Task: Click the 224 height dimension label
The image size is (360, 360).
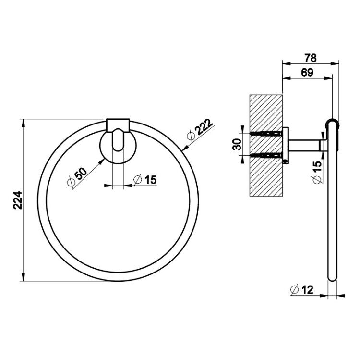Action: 17,200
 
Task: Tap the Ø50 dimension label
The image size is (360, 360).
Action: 77,176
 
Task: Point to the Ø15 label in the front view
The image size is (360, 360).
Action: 145,180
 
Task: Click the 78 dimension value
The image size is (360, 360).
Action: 311,58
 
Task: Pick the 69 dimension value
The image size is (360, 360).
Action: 307,73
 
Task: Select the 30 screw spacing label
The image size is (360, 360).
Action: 237,144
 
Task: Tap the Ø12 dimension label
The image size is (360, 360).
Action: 302,289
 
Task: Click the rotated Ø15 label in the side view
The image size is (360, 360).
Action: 317,172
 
